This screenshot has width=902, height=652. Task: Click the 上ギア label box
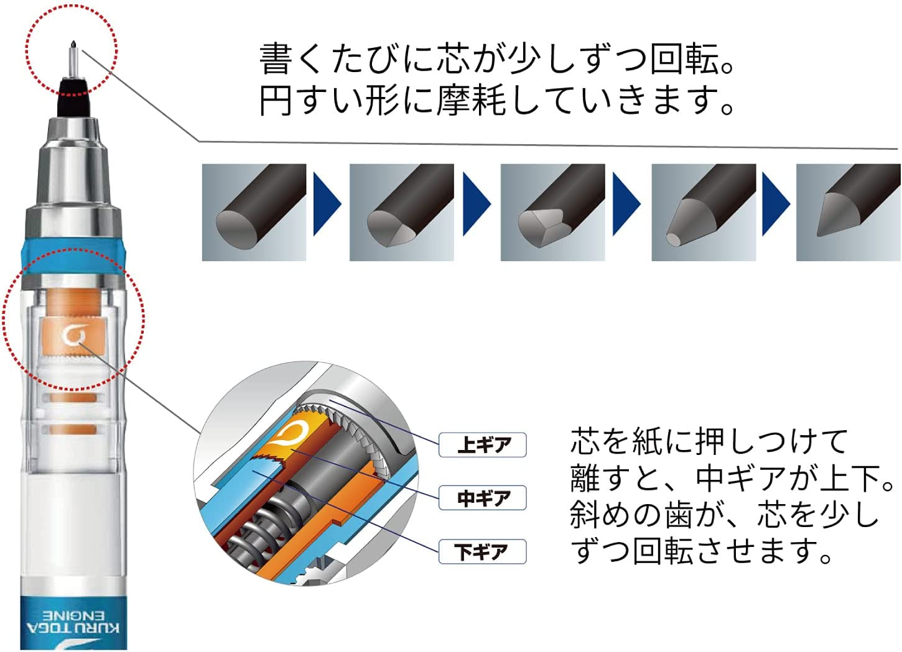(483, 445)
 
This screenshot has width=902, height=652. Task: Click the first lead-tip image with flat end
(254, 213)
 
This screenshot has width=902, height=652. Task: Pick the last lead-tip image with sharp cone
(848, 213)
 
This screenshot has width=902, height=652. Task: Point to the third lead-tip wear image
(552, 213)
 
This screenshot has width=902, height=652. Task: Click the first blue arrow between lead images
(327, 204)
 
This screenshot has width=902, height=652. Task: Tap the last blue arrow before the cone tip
(776, 204)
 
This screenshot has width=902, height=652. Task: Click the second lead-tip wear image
(401, 213)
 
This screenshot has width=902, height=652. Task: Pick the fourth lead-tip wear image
(703, 213)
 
